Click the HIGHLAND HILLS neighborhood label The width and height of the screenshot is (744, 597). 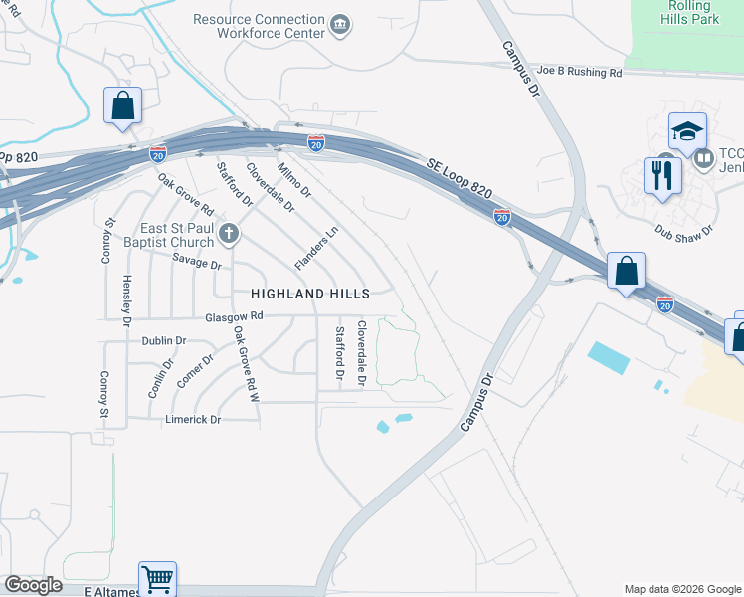pos(309,294)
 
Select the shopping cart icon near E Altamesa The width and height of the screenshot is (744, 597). pos(157,577)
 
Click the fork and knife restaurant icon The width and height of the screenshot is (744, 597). pos(661,175)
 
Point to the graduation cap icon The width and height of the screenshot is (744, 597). pos(687,132)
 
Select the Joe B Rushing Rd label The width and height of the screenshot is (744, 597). pos(580,72)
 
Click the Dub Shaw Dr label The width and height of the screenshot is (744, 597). pos(685,230)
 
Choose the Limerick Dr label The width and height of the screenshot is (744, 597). pos(192,420)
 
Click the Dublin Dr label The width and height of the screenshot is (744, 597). pos(164,340)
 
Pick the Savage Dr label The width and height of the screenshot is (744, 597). pos(196,263)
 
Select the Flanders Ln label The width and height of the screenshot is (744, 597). pos(317,247)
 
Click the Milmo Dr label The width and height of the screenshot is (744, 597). pos(294,179)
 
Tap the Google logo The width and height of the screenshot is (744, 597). pos(33,585)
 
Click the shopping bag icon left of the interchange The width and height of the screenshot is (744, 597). pos(122,104)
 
